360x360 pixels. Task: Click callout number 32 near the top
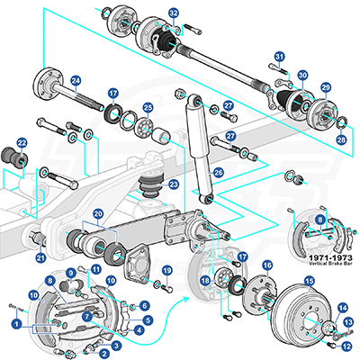point(174,13)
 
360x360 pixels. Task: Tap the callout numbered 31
point(279,58)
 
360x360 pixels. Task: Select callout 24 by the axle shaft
point(76,81)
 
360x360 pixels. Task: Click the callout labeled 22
point(22,143)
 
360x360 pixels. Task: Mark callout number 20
point(98,214)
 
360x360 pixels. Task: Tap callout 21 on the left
point(40,258)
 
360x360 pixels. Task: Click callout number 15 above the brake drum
point(309,282)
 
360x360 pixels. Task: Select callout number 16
point(266,265)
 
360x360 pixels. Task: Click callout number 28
point(341,140)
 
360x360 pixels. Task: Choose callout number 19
point(166,270)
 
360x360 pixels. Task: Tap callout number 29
point(326,87)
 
